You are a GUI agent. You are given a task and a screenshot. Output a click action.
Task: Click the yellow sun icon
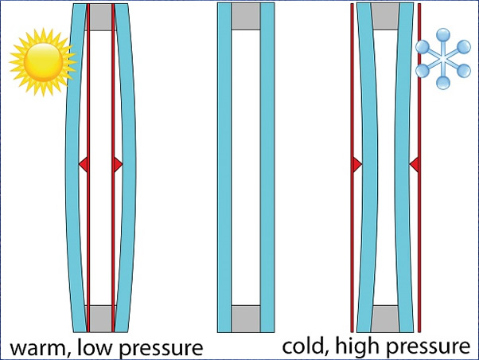[x=43, y=62]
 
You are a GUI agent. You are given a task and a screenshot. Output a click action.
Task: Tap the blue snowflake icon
[x=443, y=59]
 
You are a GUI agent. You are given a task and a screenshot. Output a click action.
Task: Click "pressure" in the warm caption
[x=162, y=349]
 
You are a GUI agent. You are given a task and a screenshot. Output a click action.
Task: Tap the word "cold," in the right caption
[x=306, y=346]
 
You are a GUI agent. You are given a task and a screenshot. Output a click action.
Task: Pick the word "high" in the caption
[x=354, y=346]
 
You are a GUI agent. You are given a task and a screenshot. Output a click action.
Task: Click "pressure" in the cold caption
[x=425, y=348]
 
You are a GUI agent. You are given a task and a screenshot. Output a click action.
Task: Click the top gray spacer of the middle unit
[x=246, y=17]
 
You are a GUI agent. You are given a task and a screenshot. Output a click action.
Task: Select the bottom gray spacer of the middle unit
[x=246, y=319]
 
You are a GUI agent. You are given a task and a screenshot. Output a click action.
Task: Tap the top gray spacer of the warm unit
[x=101, y=18]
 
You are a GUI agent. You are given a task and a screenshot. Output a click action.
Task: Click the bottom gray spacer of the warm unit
[x=101, y=319]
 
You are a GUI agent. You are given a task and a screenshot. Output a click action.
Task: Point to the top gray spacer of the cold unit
[x=385, y=17]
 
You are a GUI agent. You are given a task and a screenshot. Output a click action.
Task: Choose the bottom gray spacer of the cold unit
[x=385, y=319]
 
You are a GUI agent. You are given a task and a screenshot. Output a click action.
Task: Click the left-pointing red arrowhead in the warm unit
[x=84, y=165]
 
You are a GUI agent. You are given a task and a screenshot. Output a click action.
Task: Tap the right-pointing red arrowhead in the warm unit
[x=119, y=165]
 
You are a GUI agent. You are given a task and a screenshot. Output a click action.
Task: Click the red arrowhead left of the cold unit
[x=357, y=165]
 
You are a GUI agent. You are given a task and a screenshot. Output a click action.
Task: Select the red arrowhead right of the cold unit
[x=414, y=165]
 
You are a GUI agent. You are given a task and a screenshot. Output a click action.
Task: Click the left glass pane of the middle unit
[x=224, y=167]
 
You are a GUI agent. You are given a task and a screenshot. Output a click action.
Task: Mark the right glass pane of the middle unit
[x=267, y=167]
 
